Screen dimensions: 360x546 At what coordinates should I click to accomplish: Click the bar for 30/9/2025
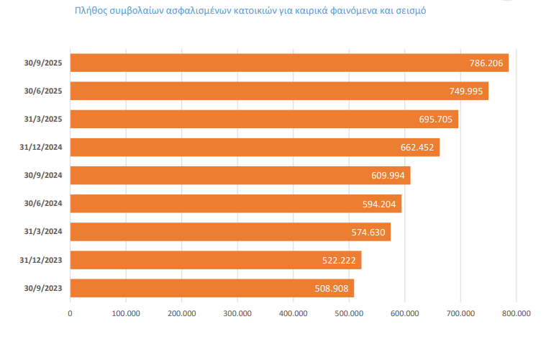(288, 63)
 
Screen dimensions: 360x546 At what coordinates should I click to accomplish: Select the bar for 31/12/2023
(216, 260)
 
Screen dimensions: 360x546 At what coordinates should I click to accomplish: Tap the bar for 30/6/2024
(235, 204)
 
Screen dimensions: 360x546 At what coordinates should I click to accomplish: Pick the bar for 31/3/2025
(264, 120)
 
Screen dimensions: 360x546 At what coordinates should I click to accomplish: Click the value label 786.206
(486, 63)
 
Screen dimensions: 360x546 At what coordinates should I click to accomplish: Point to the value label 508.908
(333, 289)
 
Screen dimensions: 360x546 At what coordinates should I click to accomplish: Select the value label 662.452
(418, 148)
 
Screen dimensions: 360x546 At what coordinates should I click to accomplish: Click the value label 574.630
(369, 232)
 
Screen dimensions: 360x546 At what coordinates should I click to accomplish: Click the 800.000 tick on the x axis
(516, 313)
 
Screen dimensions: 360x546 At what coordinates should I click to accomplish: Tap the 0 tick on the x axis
(70, 313)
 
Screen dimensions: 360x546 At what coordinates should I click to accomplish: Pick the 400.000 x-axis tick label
(293, 313)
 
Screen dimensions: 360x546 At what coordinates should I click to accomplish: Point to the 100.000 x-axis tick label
(126, 313)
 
